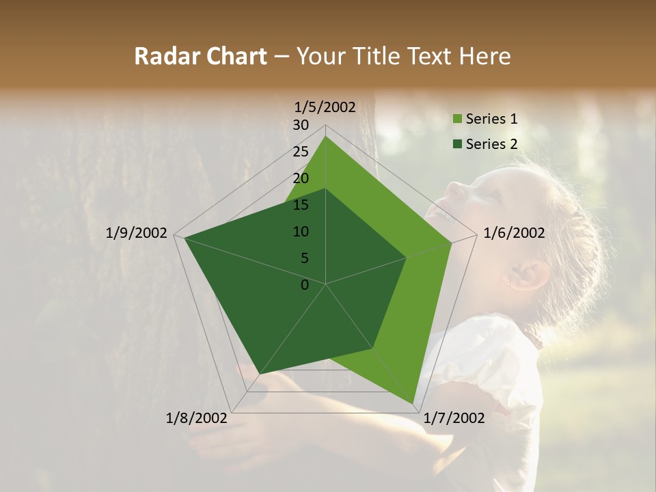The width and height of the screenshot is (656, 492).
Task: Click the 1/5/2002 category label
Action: click(x=325, y=107)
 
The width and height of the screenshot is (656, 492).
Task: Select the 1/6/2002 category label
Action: click(x=514, y=233)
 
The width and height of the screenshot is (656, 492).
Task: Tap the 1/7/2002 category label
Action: click(x=454, y=418)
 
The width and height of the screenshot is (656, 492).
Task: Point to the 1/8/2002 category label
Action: click(x=197, y=418)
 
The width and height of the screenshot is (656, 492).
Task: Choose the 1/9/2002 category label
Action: click(x=137, y=233)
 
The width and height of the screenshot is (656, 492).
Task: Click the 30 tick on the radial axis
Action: click(x=301, y=125)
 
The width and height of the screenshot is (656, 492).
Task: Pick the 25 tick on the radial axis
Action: click(x=301, y=152)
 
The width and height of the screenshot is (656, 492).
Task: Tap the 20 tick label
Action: click(x=301, y=178)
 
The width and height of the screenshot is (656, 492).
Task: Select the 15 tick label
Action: click(x=301, y=205)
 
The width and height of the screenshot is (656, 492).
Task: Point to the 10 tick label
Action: click(x=301, y=232)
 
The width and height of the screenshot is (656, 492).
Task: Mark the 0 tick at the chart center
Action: click(x=305, y=285)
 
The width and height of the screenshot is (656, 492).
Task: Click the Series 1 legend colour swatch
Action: click(x=457, y=120)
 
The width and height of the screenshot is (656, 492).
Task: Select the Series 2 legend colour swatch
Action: click(x=457, y=144)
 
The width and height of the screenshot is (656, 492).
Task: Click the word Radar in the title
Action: click(x=166, y=56)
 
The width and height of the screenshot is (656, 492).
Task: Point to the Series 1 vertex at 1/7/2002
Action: click(x=413, y=402)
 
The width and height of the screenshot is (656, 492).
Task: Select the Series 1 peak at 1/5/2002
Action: click(x=326, y=136)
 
